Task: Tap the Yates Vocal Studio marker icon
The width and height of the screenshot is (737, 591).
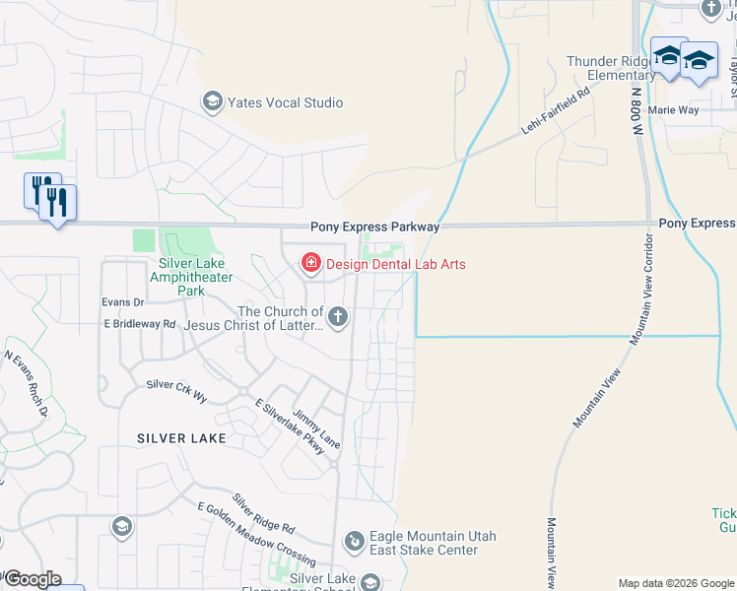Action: [211, 101]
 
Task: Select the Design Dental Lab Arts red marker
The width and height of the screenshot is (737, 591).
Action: [310, 263]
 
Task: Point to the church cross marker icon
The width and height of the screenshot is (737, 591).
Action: [338, 316]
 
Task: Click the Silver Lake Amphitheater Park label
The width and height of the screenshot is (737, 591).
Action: [191, 277]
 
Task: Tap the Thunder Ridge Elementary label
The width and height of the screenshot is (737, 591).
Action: [609, 68]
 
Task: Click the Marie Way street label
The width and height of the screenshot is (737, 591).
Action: [674, 110]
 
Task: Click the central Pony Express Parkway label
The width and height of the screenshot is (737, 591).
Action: [374, 227]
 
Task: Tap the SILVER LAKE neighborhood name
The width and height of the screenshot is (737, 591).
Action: [181, 437]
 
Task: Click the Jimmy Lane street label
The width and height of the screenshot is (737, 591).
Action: [316, 429]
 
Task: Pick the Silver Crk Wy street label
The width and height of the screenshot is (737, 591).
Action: [176, 390]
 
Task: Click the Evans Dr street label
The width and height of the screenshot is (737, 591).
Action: [124, 302]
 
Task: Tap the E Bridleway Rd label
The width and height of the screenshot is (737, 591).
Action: [139, 323]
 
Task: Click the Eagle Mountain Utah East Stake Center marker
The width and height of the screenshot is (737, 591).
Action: [354, 542]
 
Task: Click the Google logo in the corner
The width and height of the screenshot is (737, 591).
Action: [33, 579]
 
